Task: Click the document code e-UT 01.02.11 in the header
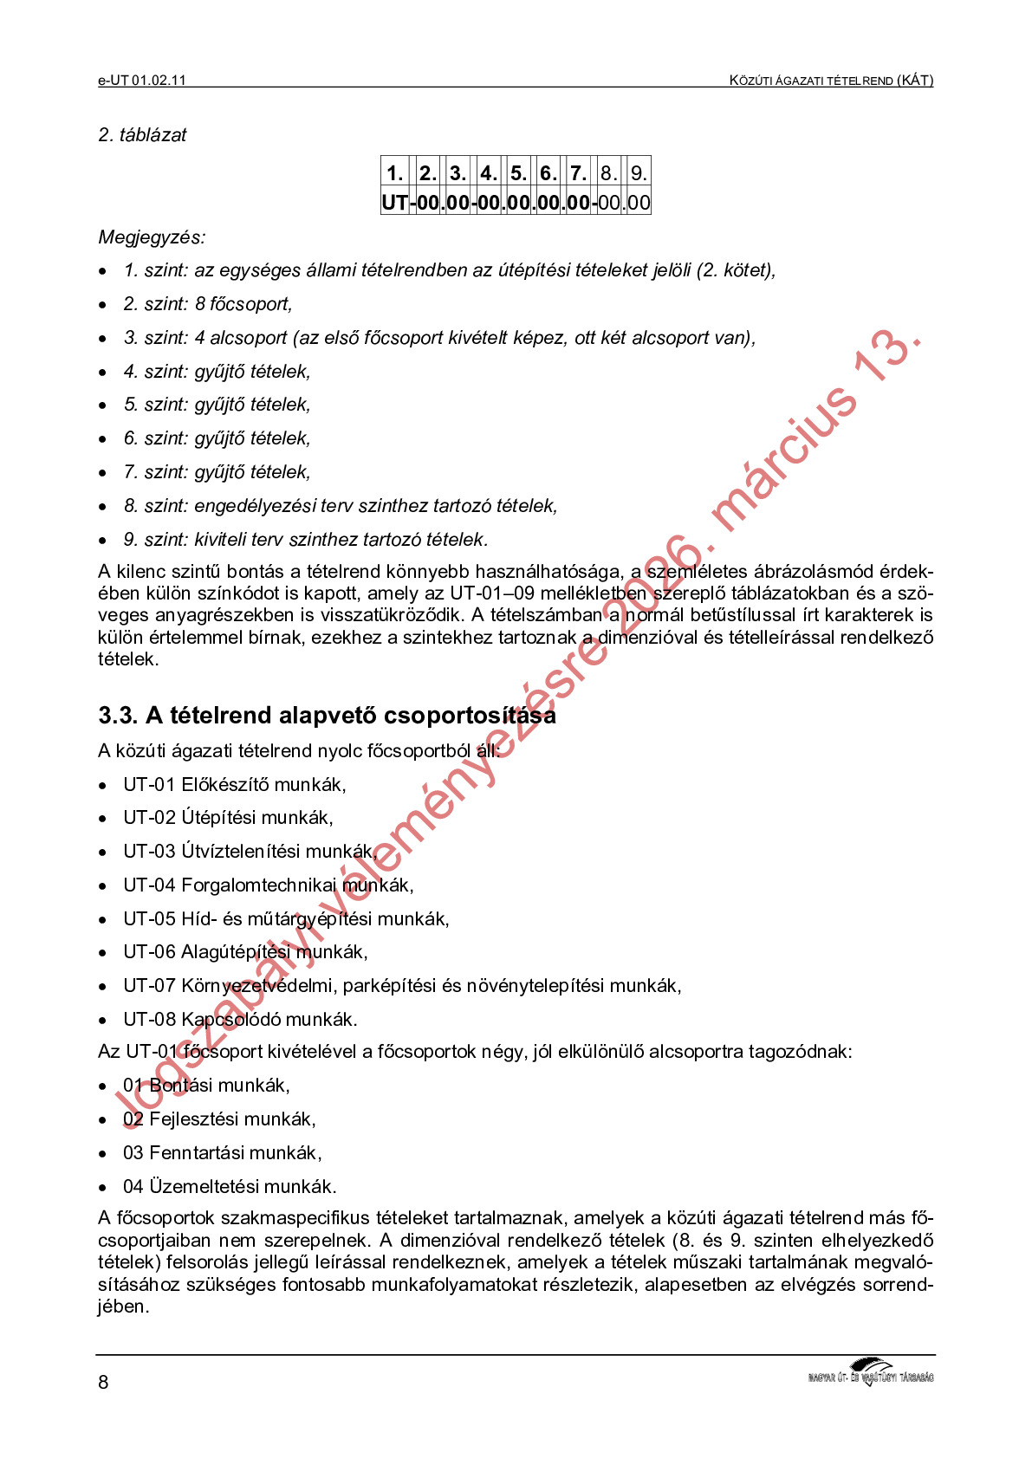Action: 142,81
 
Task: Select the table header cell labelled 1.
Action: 394,172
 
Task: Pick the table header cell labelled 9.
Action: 638,172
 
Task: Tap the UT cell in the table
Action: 394,203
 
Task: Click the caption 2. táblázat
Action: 142,135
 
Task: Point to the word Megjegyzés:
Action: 152,237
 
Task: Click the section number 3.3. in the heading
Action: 118,716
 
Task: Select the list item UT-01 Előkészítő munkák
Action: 234,785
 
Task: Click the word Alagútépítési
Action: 236,952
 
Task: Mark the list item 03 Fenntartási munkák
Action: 222,1153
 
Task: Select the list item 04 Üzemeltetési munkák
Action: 230,1187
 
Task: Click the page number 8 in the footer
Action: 103,1382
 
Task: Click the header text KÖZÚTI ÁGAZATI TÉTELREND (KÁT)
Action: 831,81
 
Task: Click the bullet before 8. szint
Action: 103,507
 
